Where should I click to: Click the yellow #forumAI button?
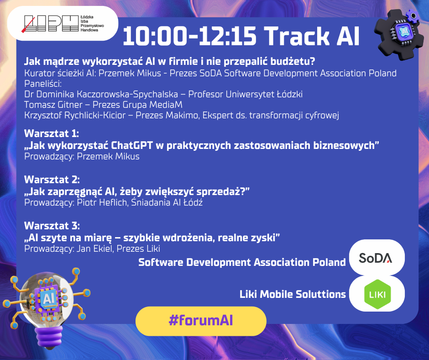(201, 321)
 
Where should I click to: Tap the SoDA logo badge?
(377, 258)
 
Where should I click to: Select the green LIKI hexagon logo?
(377, 294)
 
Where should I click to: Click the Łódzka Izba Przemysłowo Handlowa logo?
(63, 24)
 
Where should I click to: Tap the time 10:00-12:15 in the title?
(189, 36)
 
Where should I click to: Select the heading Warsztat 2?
(52, 180)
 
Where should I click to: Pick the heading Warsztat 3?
(52, 226)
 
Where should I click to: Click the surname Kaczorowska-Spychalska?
(127, 94)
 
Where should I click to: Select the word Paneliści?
(43, 84)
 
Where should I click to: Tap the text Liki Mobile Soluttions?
(293, 294)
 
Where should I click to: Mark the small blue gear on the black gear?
(412, 16)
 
